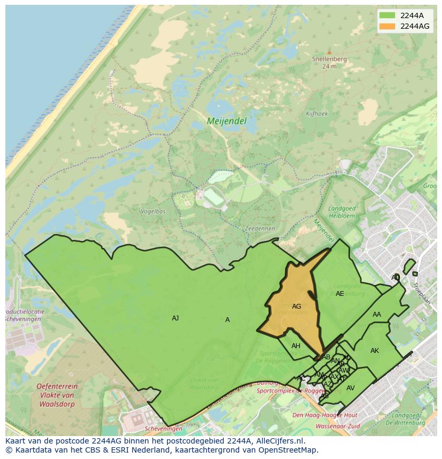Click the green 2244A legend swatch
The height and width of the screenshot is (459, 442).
coord(387,15)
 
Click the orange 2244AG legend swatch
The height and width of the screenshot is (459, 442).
coord(387,26)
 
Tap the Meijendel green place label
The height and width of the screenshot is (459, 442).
coord(226,121)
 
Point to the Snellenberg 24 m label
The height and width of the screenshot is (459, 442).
coord(329,62)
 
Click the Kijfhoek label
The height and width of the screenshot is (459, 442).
coord(317,114)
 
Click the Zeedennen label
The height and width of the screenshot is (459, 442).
coord(259,228)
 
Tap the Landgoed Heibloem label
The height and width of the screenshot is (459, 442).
coord(342,212)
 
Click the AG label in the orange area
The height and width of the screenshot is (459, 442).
coord(296,306)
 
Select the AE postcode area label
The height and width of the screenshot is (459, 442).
coord(340,294)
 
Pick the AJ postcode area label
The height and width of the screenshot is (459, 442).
coord(175,318)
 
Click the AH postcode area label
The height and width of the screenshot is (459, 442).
coord(296,345)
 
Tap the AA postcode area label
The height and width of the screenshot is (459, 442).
coord(377,315)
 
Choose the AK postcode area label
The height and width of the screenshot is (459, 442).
coord(375,350)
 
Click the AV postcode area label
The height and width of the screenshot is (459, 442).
coord(350,388)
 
